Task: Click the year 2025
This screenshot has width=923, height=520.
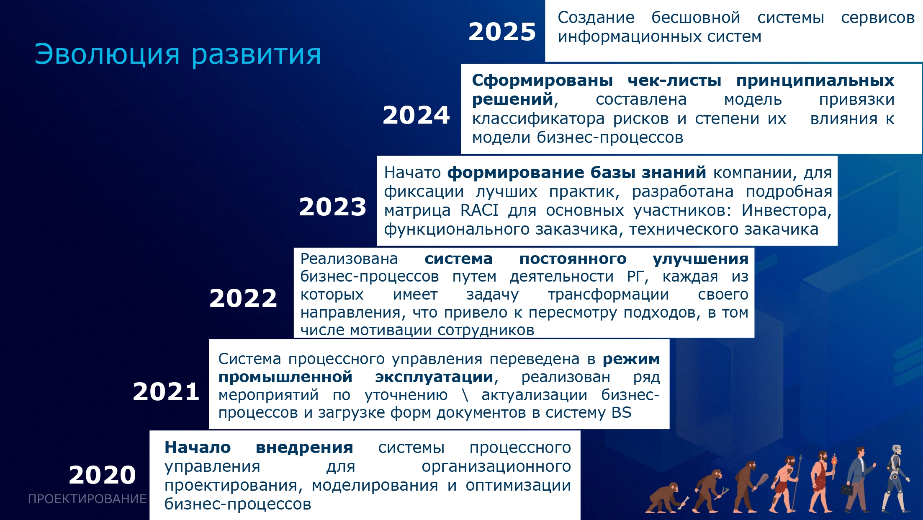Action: pyautogui.click(x=502, y=32)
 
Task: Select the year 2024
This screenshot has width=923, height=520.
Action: pyautogui.click(x=416, y=115)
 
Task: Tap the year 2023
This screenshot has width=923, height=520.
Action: pyautogui.click(x=332, y=207)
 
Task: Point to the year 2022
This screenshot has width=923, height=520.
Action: pyautogui.click(x=243, y=298)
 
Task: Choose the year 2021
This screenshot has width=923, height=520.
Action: pyautogui.click(x=166, y=392)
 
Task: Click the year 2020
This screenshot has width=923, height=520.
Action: pyautogui.click(x=103, y=475)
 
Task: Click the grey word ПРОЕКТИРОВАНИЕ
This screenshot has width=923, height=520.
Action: pyautogui.click(x=87, y=499)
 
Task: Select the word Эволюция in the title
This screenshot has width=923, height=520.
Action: pyautogui.click(x=107, y=54)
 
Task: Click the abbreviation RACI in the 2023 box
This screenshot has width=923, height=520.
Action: pyautogui.click(x=479, y=210)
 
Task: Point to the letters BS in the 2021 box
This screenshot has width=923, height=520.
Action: pyautogui.click(x=621, y=413)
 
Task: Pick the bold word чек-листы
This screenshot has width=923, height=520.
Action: pyautogui.click(x=674, y=80)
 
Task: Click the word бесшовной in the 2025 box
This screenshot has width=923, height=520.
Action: pyautogui.click(x=696, y=18)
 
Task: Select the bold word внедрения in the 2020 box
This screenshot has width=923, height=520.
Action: pyautogui.click(x=304, y=448)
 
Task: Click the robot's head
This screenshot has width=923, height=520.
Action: pyautogui.click(x=896, y=451)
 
